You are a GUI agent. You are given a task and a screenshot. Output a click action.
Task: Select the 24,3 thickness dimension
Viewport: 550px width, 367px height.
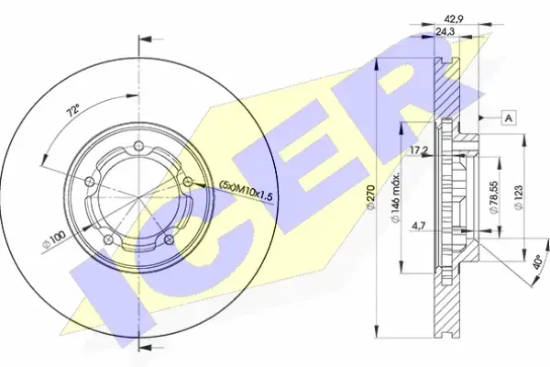445,31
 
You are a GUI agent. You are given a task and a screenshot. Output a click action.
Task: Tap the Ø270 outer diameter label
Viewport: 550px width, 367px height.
370,198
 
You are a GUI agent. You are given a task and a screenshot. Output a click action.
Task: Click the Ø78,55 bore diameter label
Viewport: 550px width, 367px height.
494,197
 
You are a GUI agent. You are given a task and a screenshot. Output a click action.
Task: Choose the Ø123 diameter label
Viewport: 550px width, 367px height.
519,197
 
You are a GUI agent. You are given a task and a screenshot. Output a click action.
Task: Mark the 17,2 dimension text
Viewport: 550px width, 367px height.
419,150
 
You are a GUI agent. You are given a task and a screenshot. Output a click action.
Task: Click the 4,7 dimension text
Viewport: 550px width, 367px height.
419,226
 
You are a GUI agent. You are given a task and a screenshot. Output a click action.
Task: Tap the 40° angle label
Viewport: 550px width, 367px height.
537,261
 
